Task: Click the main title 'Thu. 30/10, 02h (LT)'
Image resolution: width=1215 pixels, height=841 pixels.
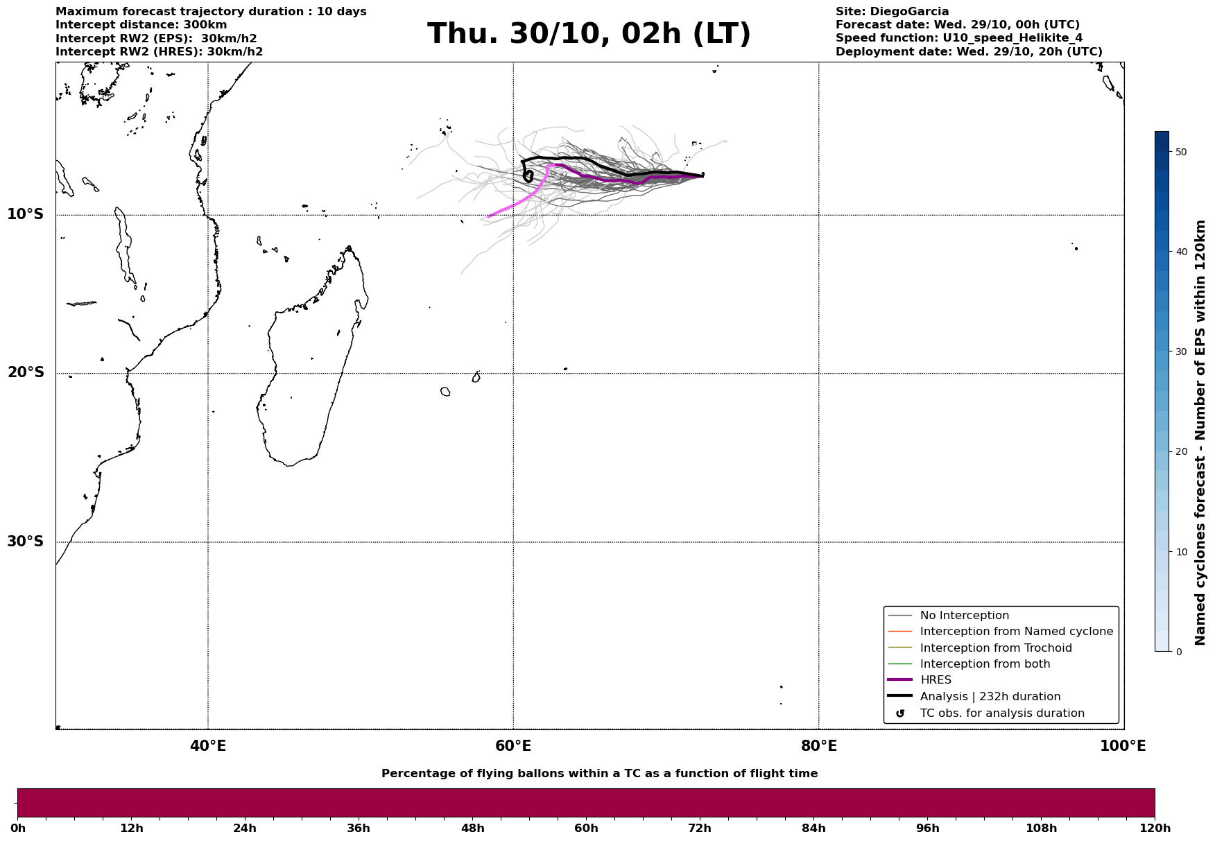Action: (x=589, y=34)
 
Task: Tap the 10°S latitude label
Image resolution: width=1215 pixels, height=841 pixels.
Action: (x=26, y=214)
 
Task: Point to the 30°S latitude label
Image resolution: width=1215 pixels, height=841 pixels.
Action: (x=26, y=541)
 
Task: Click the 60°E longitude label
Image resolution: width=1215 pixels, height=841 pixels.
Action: (x=513, y=746)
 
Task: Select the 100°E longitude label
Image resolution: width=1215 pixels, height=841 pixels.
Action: (x=1122, y=746)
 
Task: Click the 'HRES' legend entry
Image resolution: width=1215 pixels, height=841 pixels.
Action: (x=936, y=680)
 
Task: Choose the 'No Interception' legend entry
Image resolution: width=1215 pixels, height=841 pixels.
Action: (x=964, y=616)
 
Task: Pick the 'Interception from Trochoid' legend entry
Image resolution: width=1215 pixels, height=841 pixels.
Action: (x=995, y=648)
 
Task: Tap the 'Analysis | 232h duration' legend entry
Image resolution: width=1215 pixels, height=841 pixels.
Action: (x=990, y=697)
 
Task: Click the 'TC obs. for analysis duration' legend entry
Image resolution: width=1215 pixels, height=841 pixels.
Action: (x=1001, y=713)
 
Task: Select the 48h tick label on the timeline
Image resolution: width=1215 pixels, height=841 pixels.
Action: (x=472, y=828)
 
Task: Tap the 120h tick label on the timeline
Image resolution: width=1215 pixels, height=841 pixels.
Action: (x=1154, y=828)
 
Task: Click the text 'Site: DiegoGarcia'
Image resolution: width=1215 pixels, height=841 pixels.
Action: (x=892, y=12)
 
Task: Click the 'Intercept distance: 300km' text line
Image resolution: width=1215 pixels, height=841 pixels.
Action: (x=141, y=25)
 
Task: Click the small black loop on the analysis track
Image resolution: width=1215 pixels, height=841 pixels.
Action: (x=528, y=176)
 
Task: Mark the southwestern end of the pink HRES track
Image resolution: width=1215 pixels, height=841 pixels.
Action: (x=489, y=217)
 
